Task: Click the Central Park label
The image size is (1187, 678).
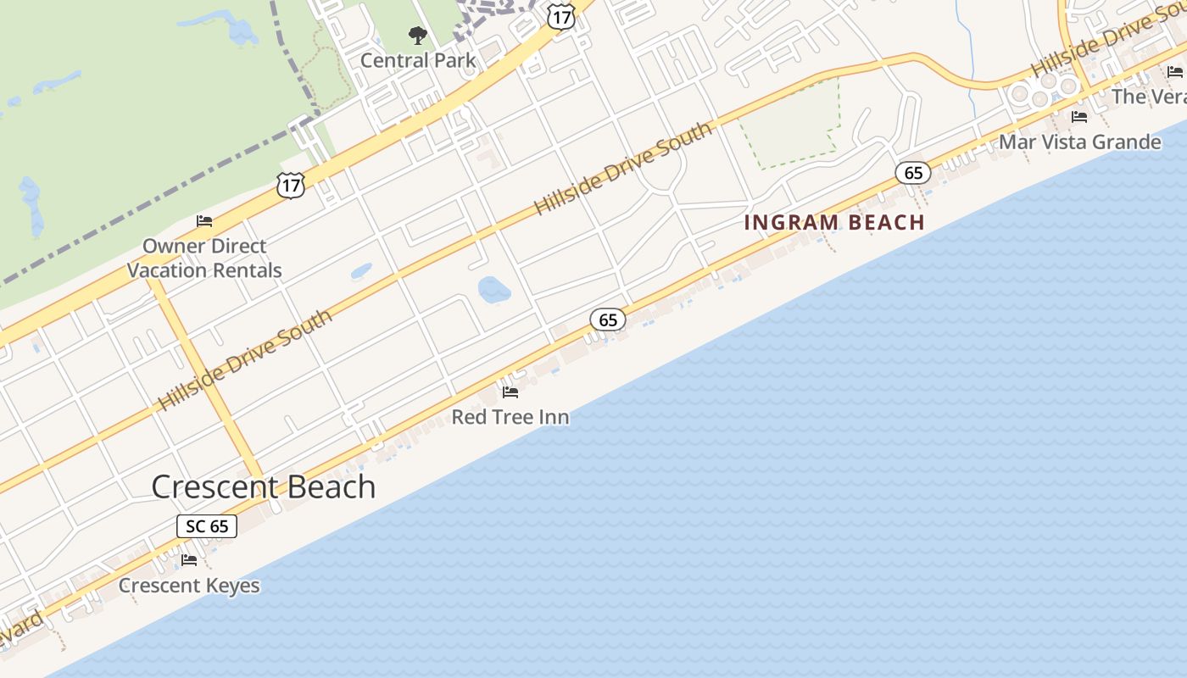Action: (418, 60)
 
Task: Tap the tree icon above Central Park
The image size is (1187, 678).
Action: (417, 36)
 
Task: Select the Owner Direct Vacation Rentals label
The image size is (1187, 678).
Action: (204, 258)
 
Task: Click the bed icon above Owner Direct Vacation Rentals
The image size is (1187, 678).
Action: (204, 221)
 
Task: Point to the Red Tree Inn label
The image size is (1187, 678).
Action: (510, 417)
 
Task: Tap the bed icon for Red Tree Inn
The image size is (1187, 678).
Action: (510, 392)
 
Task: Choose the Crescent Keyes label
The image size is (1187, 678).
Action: (189, 586)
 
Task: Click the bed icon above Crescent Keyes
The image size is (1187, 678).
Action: (189, 560)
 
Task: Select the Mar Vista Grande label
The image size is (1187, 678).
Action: (1079, 142)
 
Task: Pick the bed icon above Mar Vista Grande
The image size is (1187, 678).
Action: (1079, 117)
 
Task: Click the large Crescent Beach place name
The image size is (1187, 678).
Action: (263, 486)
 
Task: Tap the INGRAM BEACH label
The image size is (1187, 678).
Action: (834, 223)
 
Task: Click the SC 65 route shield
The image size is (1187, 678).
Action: (207, 526)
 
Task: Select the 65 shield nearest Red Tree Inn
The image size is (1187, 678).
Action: (608, 320)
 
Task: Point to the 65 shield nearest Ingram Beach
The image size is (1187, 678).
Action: (913, 174)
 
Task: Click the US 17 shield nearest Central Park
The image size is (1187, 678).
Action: (561, 15)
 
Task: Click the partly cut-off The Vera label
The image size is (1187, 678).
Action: (1149, 97)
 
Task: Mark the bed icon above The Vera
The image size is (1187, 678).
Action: (1175, 72)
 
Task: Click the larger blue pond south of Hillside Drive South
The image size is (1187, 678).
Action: (494, 290)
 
